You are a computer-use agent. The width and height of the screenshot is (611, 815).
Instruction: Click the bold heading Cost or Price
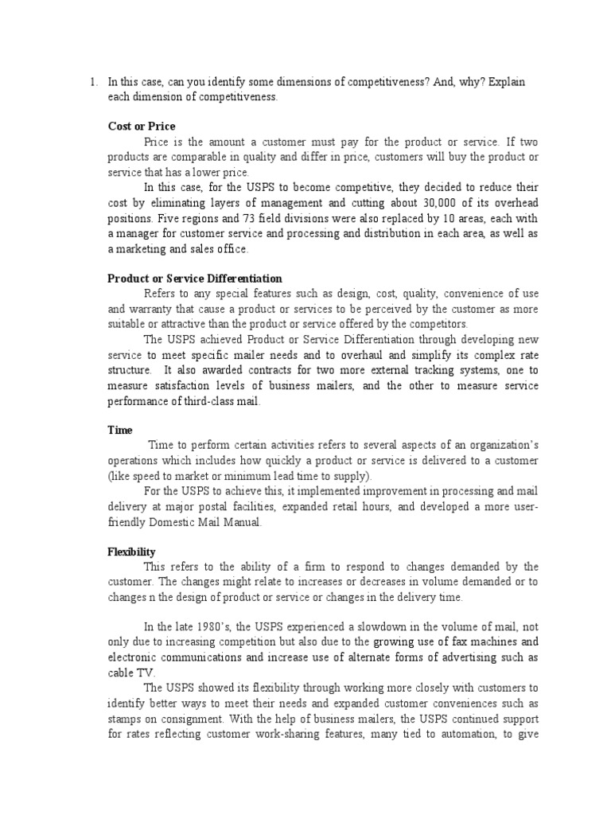point(142,127)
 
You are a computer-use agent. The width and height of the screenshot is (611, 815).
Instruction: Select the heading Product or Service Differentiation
point(195,279)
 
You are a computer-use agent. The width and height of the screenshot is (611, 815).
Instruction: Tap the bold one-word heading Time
point(120,430)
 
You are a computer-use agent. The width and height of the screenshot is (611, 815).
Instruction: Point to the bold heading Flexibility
point(131,552)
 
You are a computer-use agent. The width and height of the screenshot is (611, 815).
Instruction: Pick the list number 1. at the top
point(93,82)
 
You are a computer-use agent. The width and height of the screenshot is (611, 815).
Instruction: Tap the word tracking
point(446,370)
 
